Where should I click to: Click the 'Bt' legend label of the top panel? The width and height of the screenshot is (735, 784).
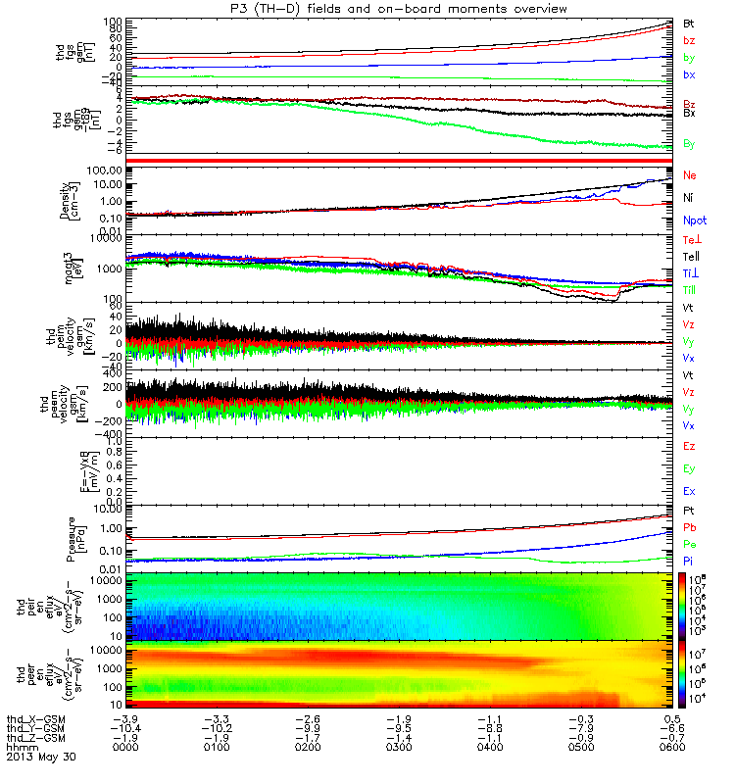click(x=689, y=22)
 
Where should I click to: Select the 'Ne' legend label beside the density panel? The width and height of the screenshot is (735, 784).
click(x=690, y=175)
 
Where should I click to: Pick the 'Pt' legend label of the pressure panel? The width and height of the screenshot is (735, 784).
click(x=689, y=512)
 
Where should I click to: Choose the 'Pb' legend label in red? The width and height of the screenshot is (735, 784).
click(x=689, y=528)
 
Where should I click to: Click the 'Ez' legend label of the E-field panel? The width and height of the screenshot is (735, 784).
click(x=689, y=446)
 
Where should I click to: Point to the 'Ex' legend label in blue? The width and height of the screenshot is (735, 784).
click(x=689, y=491)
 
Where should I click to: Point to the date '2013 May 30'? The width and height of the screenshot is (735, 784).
click(x=41, y=758)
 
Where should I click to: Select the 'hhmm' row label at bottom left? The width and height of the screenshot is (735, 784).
click(x=22, y=747)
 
